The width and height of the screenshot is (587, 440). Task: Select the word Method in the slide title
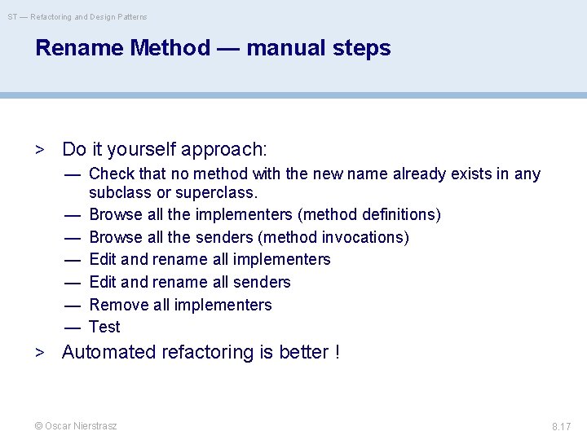[170, 48]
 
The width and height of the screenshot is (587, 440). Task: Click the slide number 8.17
[561, 426]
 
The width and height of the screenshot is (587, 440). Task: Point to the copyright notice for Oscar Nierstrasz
[75, 426]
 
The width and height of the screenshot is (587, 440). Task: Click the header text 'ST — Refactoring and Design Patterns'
[77, 16]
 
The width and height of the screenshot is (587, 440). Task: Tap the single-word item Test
[104, 327]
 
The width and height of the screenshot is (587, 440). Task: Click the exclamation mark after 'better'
[337, 352]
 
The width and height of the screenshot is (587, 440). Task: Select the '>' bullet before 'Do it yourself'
[38, 150]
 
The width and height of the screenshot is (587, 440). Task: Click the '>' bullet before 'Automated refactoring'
[38, 353]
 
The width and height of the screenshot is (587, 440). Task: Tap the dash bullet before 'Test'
[73, 327]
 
